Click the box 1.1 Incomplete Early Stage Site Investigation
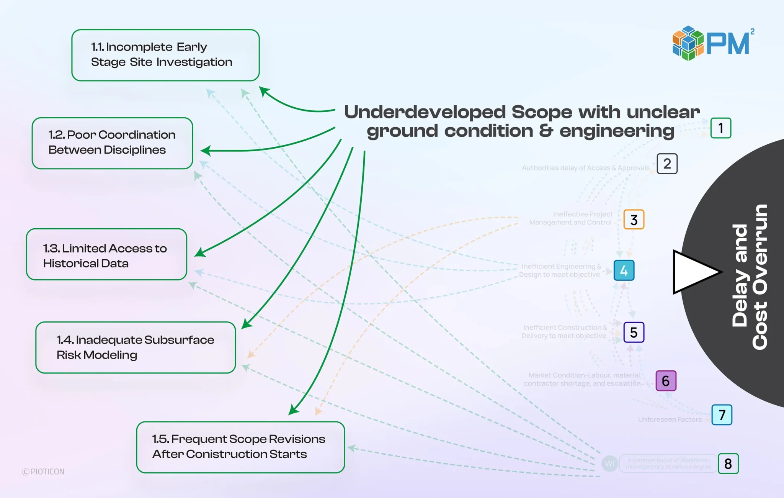coord(165,55)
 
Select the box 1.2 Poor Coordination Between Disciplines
coord(112,143)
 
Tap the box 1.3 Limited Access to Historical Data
coord(106,254)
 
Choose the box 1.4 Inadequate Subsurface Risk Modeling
coord(136,347)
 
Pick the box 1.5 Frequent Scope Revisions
coord(240,447)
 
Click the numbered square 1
coord(720,128)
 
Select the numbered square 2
coord(667,164)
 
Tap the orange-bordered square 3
coord(634,220)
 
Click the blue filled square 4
coord(624,270)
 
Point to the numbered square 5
coord(634,332)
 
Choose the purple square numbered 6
coord(666,381)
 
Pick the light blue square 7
coord(722,415)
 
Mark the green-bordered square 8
coord(728,464)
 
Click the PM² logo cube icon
coord(688,43)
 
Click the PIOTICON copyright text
coord(44,472)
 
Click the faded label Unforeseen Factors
coord(670,419)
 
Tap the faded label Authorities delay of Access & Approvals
coord(585,168)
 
